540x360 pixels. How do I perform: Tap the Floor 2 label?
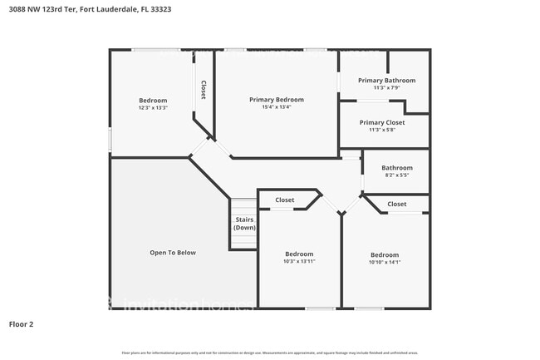coord(21,323)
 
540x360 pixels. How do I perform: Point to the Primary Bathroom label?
coord(386,81)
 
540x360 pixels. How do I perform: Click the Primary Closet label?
coord(382,122)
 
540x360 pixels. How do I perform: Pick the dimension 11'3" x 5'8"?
coord(382,130)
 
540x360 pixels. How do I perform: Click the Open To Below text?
coord(173,253)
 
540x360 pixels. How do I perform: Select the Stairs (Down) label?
coord(244,224)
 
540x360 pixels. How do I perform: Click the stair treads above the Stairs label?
coord(244,206)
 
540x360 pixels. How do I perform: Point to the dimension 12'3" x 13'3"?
coord(153,108)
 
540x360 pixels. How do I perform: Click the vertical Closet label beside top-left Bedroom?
coord(204,90)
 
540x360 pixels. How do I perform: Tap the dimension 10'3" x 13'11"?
coord(299,262)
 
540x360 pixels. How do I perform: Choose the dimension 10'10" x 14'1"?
coord(385,262)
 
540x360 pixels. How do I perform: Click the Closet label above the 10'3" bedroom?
coord(285,200)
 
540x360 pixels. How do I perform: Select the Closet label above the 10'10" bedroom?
coord(397,204)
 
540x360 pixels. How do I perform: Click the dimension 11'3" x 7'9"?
coord(386,88)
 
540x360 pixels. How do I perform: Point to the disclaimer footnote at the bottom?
coord(270,353)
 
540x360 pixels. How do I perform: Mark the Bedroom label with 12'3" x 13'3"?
coord(153,101)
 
